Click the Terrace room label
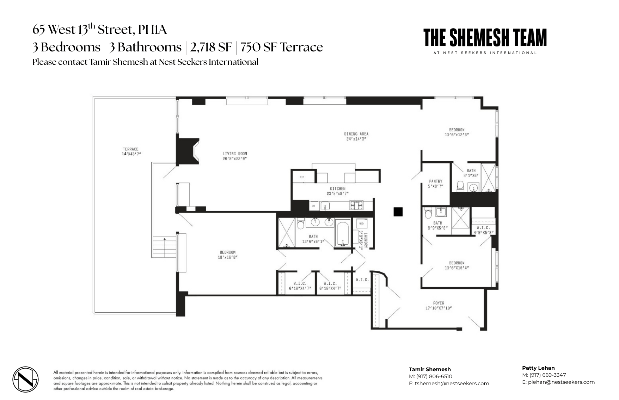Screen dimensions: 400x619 (x=130, y=149)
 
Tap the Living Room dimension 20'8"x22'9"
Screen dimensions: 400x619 (x=235, y=158)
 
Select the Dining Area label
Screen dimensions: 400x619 (x=356, y=134)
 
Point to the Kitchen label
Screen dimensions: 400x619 (x=337, y=189)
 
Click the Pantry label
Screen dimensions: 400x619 (x=436, y=181)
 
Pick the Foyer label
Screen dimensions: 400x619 (x=439, y=303)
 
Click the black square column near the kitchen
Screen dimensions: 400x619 (x=398, y=212)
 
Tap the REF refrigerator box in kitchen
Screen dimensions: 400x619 (x=302, y=177)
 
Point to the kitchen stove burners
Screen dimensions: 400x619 (x=356, y=205)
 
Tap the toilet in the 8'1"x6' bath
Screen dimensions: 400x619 (x=460, y=186)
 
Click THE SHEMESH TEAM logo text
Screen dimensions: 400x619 (x=485, y=38)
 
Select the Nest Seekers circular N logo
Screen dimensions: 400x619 (x=25, y=380)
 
